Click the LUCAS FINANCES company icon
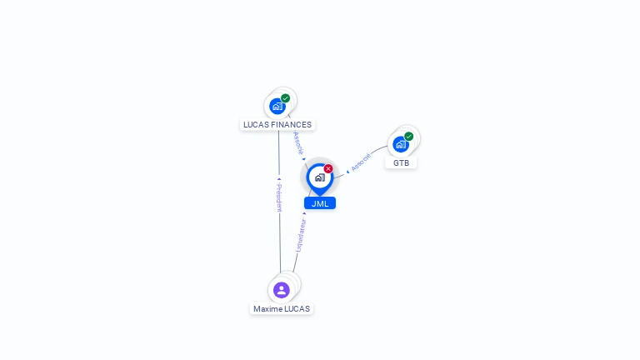[277, 107]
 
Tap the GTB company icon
[401, 144]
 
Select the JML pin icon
[319, 177]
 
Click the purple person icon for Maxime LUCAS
[282, 290]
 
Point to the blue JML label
[320, 203]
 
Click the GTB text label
[402, 163]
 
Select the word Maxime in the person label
[267, 309]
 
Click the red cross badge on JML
[328, 168]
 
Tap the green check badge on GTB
[409, 136]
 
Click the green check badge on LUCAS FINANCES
[286, 98]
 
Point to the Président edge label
[280, 198]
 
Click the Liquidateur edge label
[301, 235]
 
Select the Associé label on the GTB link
[361, 162]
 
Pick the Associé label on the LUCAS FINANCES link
[298, 142]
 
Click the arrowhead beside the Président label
[279, 179]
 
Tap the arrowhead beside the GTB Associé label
[347, 172]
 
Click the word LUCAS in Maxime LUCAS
[297, 309]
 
